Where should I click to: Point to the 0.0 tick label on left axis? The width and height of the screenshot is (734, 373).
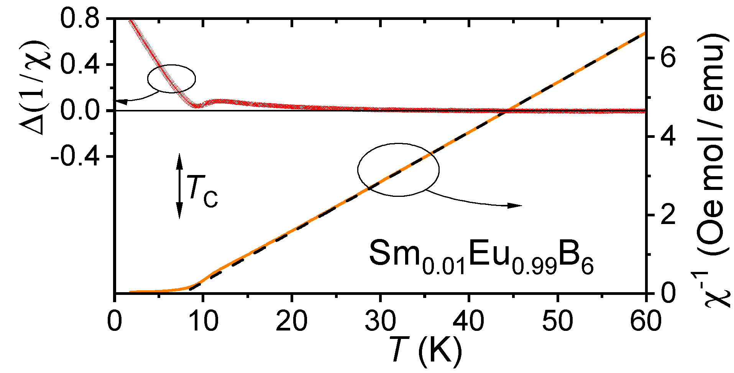point(79,111)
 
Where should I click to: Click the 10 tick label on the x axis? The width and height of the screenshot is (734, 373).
point(203,321)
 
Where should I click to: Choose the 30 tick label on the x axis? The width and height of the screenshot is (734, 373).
point(380,321)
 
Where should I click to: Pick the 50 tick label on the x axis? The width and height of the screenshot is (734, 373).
point(557,321)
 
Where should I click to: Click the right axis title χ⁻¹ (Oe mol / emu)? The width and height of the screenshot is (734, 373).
point(713,169)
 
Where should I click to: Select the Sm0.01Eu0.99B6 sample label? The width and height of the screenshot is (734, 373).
point(481,257)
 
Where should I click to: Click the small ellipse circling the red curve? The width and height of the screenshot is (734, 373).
point(171,79)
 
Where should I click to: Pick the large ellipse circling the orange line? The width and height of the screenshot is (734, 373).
point(398,170)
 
